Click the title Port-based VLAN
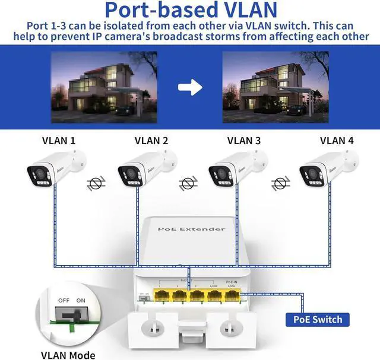pos(190,11)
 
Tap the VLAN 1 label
pos(59,141)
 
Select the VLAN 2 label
pos(151,141)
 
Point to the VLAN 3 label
pos(244,141)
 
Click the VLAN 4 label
pos(337,141)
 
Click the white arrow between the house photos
pos(190,87)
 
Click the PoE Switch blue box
pos(318,320)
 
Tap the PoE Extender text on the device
pos(191,229)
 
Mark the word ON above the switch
pos(81,301)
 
